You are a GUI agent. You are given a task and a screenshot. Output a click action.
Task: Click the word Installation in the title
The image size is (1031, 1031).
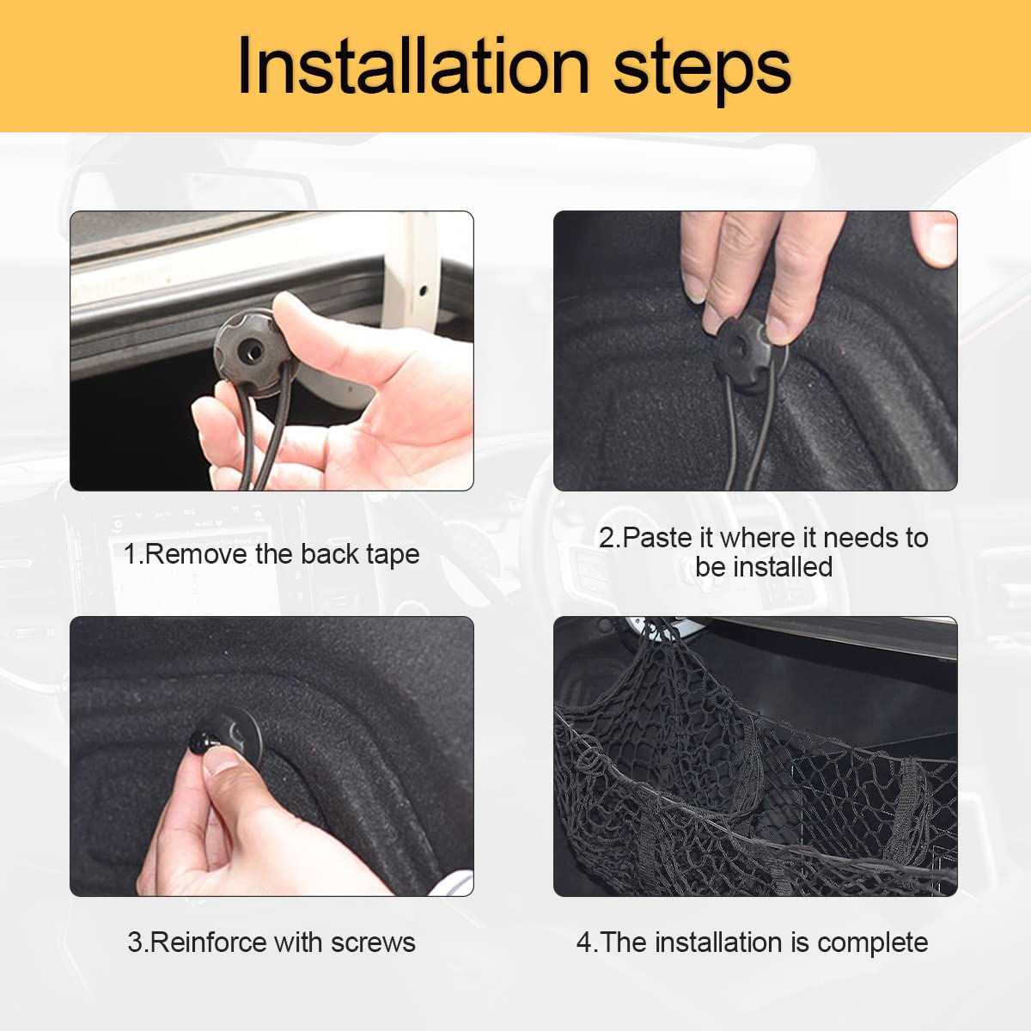point(412,67)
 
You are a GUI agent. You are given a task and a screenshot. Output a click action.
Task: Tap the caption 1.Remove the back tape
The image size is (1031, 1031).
point(271,554)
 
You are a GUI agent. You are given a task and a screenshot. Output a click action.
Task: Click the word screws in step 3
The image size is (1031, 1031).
point(372,943)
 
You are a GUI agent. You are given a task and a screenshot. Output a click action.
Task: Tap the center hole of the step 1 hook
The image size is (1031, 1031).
point(251,351)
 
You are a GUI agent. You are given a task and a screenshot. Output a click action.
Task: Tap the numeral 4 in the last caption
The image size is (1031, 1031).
point(584,943)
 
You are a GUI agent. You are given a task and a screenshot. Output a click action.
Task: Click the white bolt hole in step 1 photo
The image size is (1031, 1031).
point(422,290)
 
